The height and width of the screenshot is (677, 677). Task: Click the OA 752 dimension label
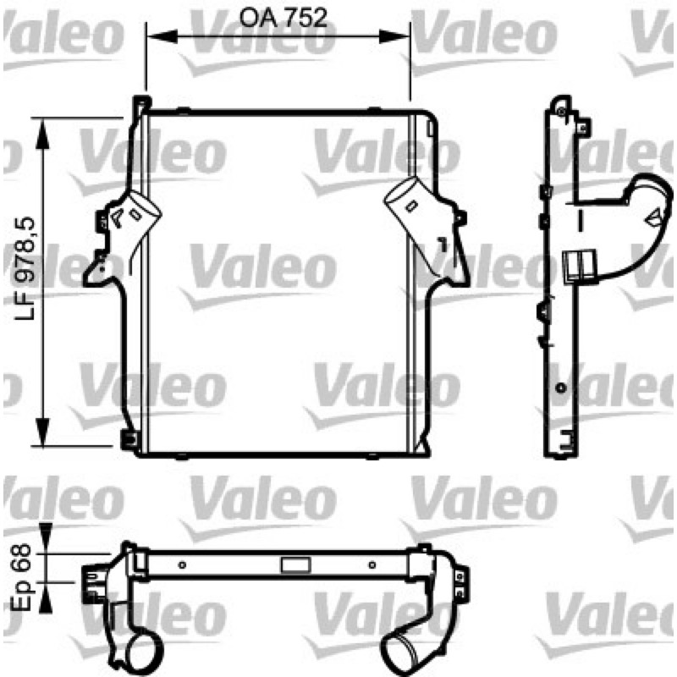pyautogui.click(x=283, y=18)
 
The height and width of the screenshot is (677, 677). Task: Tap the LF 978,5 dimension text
pyautogui.click(x=25, y=268)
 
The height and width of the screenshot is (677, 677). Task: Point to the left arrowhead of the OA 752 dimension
pyautogui.click(x=162, y=36)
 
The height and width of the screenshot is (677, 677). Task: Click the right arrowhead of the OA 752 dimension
pyautogui.click(x=394, y=36)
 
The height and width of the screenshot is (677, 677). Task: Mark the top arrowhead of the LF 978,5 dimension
pyautogui.click(x=42, y=133)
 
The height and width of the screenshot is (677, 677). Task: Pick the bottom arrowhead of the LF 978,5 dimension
pyautogui.click(x=42, y=432)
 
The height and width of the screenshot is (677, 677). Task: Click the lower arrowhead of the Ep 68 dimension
pyautogui.click(x=46, y=597)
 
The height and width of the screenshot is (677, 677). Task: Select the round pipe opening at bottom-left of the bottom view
pyautogui.click(x=143, y=653)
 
